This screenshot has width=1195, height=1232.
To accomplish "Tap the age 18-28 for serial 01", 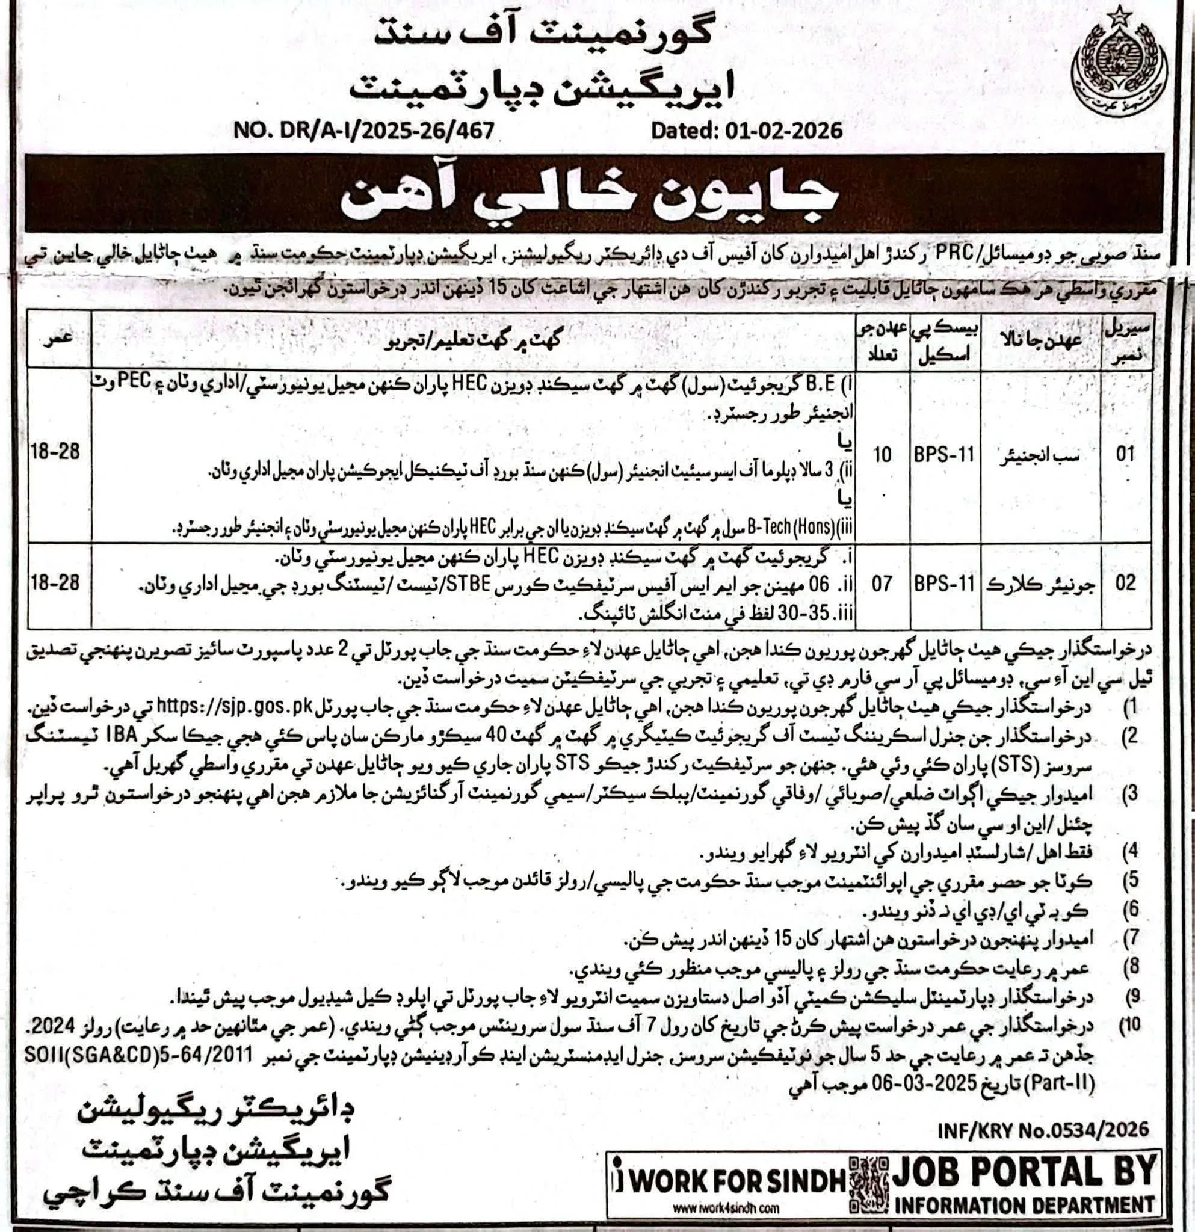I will (56, 451).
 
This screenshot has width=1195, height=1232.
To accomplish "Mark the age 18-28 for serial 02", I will (56, 582).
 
